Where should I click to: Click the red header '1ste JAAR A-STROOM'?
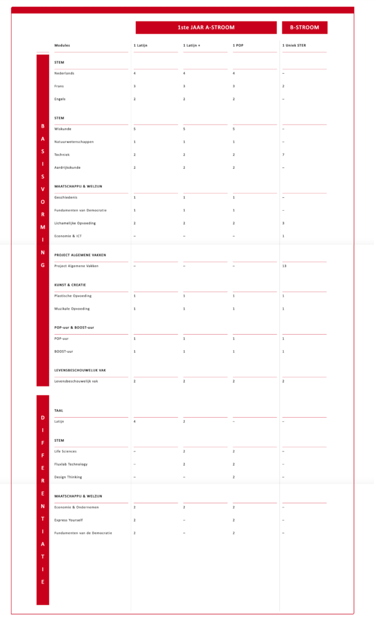[206, 28]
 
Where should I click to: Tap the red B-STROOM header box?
[305, 28]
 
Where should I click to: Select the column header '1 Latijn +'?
[192, 46]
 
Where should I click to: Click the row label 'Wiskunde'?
[63, 129]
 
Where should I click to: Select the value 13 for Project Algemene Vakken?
[284, 266]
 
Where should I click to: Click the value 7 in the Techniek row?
[283, 155]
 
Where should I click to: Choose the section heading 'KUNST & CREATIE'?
[70, 285]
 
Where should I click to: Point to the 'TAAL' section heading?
[59, 410]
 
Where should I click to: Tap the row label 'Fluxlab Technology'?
[71, 464]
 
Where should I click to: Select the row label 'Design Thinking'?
[68, 477]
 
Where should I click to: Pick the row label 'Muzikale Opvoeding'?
[72, 308]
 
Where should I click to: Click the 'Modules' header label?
[62, 46]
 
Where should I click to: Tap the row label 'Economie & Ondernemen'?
[76, 507]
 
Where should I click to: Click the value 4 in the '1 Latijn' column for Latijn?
[134, 421]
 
